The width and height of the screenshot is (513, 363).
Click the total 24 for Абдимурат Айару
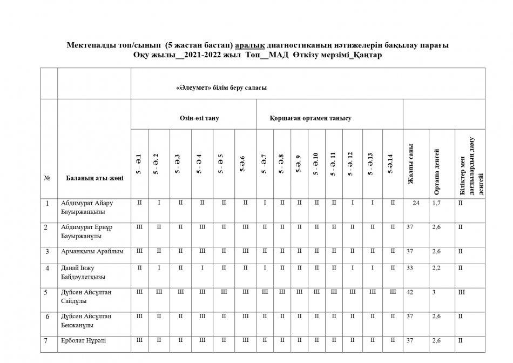coord(416,203)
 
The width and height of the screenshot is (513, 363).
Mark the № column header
coord(47,179)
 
